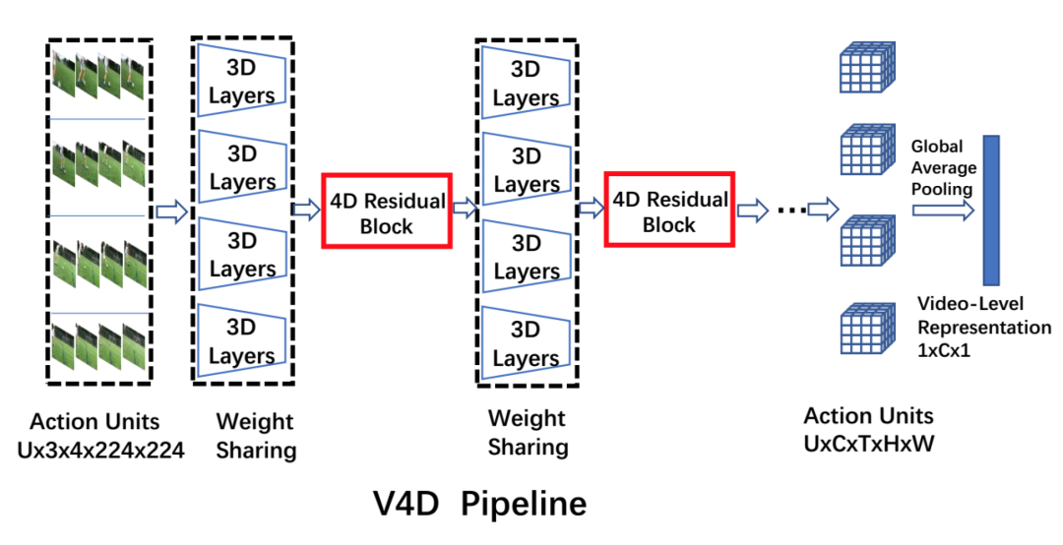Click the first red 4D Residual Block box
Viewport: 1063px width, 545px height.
(386, 212)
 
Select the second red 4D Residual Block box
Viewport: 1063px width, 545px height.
(669, 212)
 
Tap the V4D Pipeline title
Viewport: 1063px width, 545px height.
(479, 504)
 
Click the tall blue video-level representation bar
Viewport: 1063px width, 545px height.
(989, 211)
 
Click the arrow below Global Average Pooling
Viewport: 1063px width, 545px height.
(942, 211)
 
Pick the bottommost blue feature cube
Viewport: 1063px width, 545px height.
(865, 331)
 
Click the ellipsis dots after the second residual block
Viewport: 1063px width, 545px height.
(786, 211)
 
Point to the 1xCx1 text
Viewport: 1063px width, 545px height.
(944, 348)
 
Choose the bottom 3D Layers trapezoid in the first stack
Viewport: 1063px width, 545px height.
(242, 340)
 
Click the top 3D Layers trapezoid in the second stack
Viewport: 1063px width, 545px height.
(525, 84)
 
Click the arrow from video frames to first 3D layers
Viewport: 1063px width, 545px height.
(170, 211)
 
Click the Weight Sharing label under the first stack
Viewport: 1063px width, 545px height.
(255, 436)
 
